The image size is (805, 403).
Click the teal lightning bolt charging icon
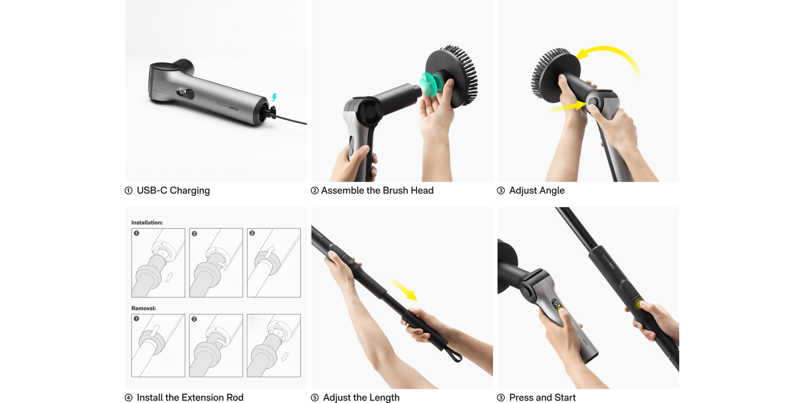275,97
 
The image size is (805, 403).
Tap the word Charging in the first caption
190,191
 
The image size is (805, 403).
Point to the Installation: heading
147,222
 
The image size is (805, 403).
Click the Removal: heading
144,308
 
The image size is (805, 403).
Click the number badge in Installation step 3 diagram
252,233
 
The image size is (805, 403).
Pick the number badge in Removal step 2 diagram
194,319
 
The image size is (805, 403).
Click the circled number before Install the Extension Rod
129,398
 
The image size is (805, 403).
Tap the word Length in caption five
384,398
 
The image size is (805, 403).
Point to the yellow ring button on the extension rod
639,304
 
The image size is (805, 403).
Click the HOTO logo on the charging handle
234,108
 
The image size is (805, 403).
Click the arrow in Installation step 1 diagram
169,277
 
